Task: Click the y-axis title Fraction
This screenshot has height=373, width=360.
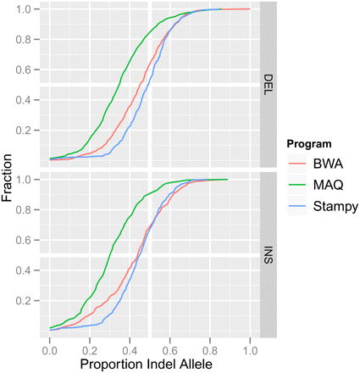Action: [x=10, y=178]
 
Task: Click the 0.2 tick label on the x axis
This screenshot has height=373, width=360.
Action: [x=90, y=347]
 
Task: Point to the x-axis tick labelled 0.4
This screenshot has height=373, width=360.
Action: [x=130, y=347]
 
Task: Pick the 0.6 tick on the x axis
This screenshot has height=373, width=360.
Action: [x=170, y=347]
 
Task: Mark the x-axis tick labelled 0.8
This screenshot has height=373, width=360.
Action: [x=210, y=347]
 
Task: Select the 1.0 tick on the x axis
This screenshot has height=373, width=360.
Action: [x=251, y=347]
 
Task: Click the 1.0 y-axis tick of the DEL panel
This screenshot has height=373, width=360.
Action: [x=30, y=9]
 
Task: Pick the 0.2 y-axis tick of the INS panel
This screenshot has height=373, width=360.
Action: [x=30, y=301]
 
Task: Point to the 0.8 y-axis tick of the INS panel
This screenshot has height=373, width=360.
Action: [x=30, y=210]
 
